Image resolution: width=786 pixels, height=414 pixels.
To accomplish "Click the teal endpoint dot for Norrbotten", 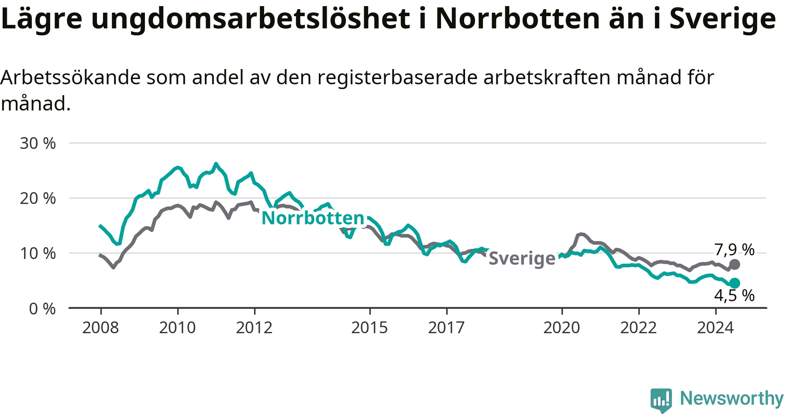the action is [735, 283].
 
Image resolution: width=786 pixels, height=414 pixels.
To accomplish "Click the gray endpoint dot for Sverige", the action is [735, 264].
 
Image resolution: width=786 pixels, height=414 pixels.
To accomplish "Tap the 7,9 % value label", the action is [734, 250].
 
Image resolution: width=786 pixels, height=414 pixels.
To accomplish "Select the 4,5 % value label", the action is [734, 296].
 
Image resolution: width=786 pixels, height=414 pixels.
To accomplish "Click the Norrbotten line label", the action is [313, 218].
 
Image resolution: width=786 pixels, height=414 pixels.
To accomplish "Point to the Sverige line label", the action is [522, 258].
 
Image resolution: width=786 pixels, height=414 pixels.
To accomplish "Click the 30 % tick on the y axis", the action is [38, 143].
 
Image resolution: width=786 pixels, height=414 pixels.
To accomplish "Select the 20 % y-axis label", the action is [38, 198].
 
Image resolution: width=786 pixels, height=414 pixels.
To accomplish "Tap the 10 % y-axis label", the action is [38, 253].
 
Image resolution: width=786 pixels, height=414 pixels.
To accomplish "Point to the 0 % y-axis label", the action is [42, 309].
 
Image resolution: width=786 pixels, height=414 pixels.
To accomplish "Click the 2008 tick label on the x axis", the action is [100, 328].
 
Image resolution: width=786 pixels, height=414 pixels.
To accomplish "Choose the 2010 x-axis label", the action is [177, 328].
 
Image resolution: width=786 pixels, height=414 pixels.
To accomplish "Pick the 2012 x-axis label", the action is [254, 328].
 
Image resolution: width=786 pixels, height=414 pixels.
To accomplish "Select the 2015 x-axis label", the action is [369, 328].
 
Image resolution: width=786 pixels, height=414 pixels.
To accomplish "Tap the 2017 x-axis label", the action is [446, 328].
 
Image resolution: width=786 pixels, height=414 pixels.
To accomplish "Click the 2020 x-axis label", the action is [562, 328].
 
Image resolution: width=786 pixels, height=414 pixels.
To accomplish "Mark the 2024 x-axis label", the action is [715, 328].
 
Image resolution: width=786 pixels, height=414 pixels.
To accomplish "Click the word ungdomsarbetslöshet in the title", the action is [251, 19].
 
